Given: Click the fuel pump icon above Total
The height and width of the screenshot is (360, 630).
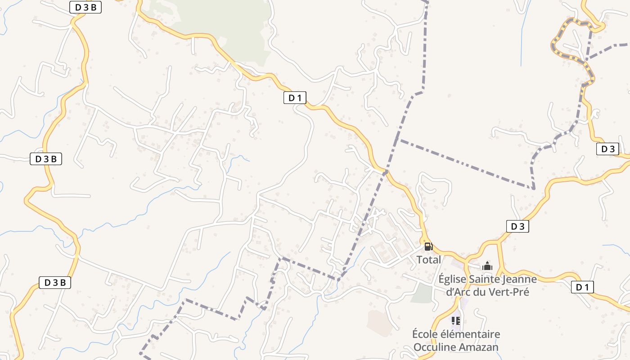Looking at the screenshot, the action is pos(428,246).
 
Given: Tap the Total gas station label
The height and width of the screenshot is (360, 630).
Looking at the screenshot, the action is pos(428,260).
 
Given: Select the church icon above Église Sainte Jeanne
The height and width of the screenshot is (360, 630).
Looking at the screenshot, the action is pos(487,266).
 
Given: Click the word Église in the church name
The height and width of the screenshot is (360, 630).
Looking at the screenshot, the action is pos(453,279).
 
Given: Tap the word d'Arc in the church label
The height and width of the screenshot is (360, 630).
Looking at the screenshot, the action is pos(458,292).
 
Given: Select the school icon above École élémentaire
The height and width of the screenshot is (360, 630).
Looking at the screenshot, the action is pos(456,321).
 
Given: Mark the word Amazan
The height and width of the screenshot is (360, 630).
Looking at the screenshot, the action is pos(479,347).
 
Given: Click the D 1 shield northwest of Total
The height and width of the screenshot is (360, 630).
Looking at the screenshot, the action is pos(295,98).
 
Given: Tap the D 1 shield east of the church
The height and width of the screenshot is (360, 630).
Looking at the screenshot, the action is pos(582,287).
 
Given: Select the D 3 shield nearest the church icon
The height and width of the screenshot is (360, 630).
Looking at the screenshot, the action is pos(517,226).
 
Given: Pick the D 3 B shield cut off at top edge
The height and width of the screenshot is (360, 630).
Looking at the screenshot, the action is pos(85,7).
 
